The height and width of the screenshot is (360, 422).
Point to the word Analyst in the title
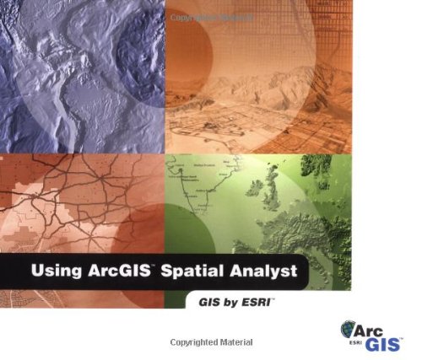(270, 274)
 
